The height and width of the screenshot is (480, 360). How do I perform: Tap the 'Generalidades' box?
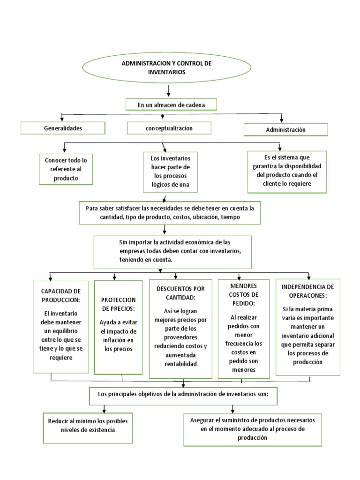[62, 128]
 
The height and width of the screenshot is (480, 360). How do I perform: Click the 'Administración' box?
[285, 129]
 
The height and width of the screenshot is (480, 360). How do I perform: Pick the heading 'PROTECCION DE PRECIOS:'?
[118, 303]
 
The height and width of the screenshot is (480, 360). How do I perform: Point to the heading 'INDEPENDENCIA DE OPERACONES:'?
[307, 291]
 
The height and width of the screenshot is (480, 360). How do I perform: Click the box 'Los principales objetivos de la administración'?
[183, 394]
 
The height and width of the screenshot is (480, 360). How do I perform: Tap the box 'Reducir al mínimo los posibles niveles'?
[88, 425]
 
